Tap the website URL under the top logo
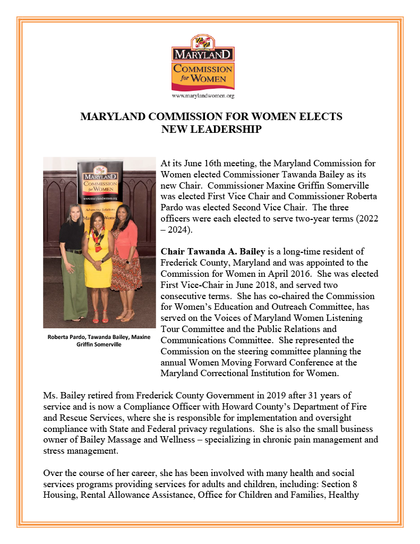click(203, 96)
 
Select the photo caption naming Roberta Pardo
click(99, 341)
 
